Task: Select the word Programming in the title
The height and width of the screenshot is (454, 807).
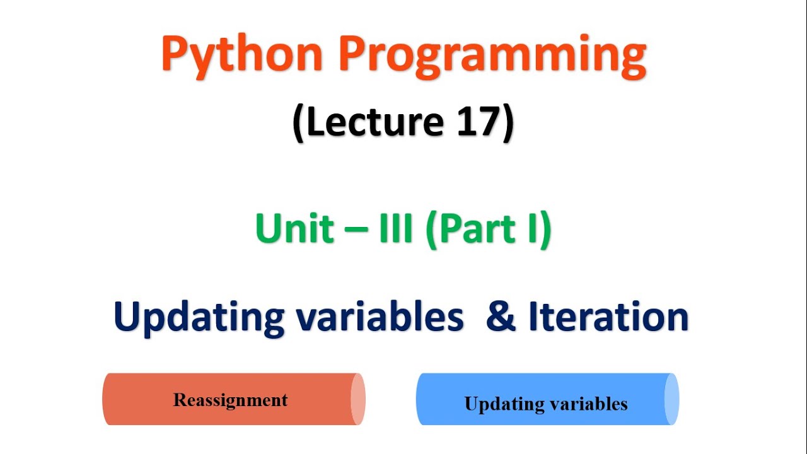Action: point(492,55)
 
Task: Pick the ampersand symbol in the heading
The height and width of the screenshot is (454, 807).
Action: point(502,317)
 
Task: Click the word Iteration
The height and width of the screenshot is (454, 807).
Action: point(608,317)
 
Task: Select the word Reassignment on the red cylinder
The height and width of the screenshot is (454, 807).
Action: point(230,400)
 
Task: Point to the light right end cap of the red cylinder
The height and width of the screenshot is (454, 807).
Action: point(357,399)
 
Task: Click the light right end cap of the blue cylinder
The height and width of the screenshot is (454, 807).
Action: point(671,399)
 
